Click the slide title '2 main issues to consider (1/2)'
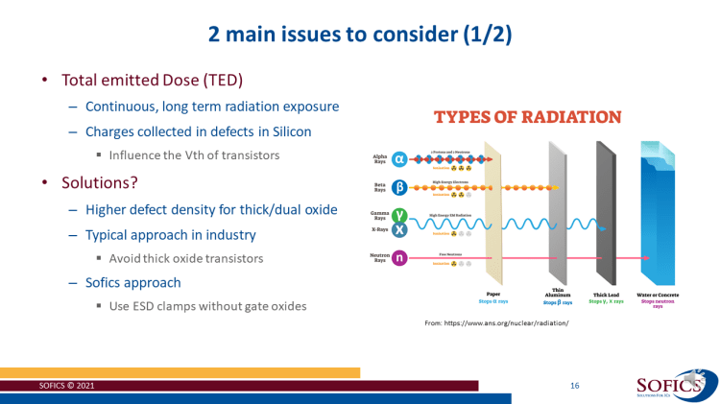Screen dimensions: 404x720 [x=360, y=36]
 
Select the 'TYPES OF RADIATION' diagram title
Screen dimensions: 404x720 [x=528, y=117]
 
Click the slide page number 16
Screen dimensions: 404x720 [x=574, y=385]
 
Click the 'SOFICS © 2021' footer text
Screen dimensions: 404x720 [x=66, y=386]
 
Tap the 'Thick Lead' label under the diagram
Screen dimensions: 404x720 [x=606, y=295]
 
